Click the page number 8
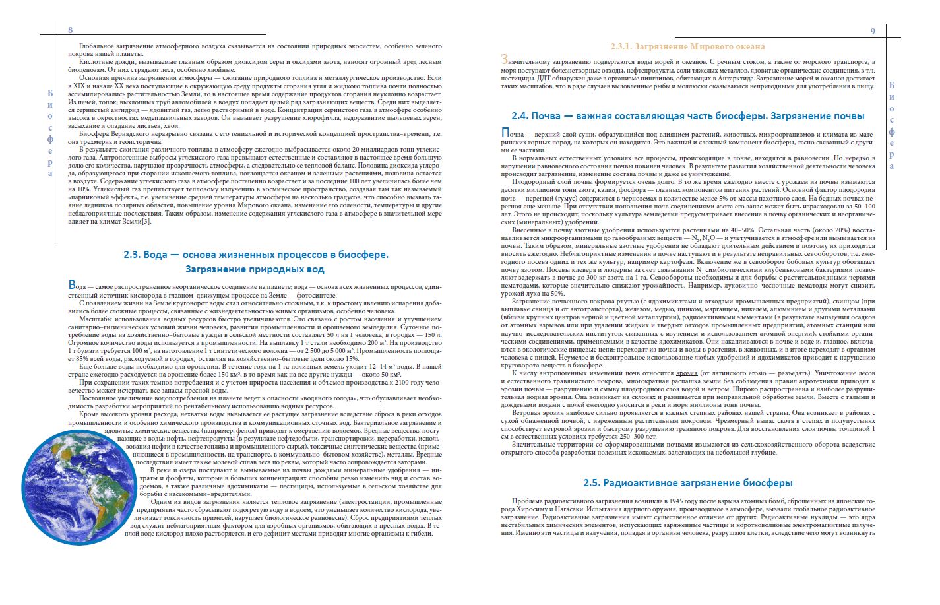tap(71, 30)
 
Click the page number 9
tap(873, 31)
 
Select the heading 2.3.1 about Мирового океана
tap(688, 47)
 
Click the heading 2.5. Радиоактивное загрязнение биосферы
tap(688, 483)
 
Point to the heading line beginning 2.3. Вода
tap(256, 255)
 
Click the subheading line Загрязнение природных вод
tap(255, 269)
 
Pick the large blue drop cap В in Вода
tap(73, 285)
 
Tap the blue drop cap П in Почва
tap(506, 133)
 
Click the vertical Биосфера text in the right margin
tap(892, 125)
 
